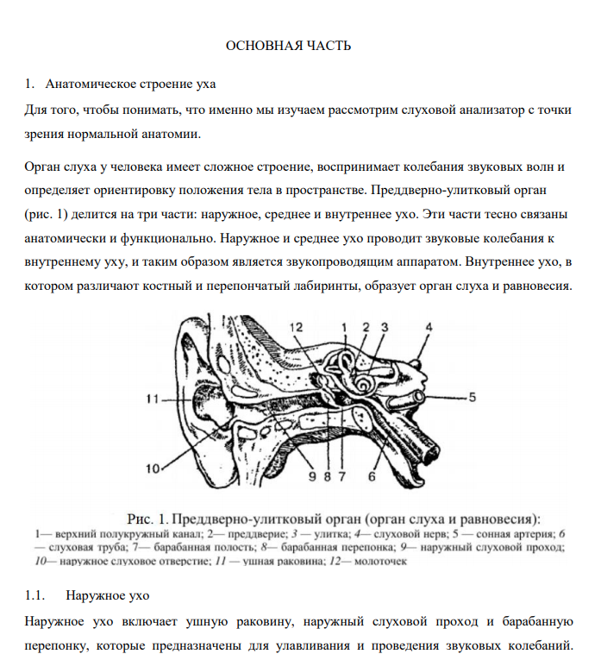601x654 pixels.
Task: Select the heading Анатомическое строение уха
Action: (130, 85)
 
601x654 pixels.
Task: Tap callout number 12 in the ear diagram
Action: (296, 326)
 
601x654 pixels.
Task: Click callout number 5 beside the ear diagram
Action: (473, 398)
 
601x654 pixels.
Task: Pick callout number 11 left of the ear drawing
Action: (153, 399)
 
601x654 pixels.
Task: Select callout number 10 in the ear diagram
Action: (153, 469)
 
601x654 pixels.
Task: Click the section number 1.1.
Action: (35, 595)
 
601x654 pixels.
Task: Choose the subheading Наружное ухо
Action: (107, 595)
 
